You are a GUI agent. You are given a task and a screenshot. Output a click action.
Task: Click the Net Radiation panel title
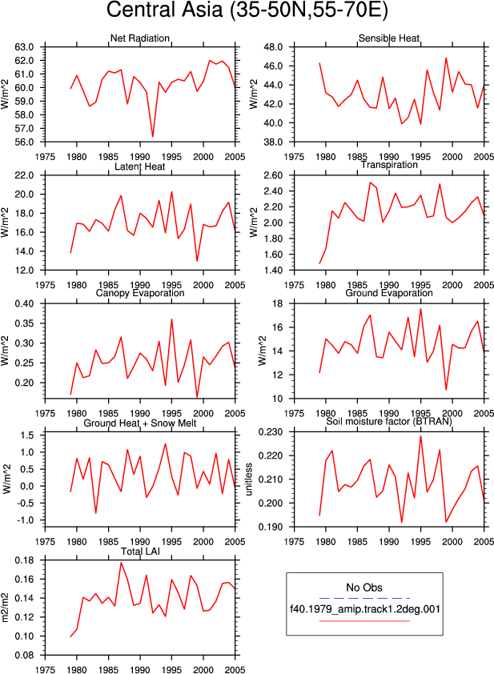[x=140, y=38]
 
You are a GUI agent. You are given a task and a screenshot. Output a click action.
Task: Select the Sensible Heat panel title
[x=389, y=38]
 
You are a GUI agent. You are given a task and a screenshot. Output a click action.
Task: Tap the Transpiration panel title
[x=389, y=165]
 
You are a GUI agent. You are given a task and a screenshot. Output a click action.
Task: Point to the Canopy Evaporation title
[x=140, y=293]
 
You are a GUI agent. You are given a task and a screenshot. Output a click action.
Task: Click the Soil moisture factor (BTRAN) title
[x=389, y=421]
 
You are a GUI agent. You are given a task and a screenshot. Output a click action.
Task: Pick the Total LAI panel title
[x=140, y=551]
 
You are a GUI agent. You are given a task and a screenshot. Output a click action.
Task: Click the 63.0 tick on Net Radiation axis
[x=24, y=47]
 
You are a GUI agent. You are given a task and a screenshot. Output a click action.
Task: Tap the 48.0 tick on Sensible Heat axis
[x=274, y=47]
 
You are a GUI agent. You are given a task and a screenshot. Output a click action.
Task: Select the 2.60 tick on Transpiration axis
[x=274, y=175]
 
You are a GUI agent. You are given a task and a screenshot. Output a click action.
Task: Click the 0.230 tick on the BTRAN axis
[x=271, y=431]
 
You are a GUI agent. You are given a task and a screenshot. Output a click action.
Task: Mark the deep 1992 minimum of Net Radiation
[x=153, y=137]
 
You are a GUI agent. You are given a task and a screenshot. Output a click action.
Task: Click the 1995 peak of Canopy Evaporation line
[x=171, y=319]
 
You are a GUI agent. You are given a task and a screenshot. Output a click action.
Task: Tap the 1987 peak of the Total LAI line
[x=121, y=563]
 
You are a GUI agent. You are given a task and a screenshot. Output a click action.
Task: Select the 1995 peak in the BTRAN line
[x=420, y=436]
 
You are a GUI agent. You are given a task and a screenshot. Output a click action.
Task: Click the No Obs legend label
[x=364, y=588]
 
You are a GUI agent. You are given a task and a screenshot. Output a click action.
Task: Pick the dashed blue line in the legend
[x=364, y=598]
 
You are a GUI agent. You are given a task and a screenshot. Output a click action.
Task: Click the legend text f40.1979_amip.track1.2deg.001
[x=365, y=608]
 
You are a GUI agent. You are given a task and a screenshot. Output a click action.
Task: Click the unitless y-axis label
[x=249, y=479]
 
